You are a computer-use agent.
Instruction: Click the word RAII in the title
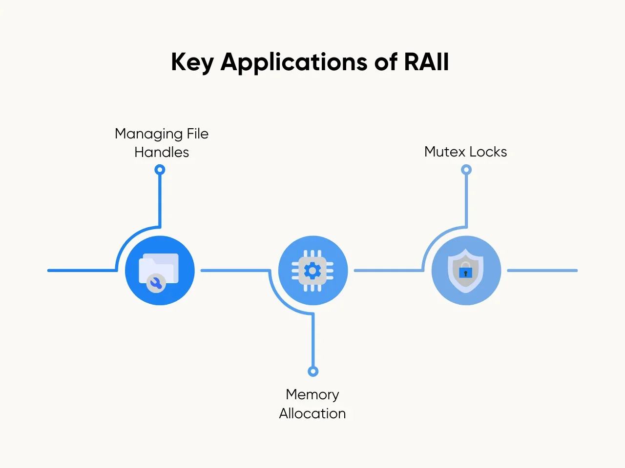(x=426, y=62)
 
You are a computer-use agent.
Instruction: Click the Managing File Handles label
(x=162, y=143)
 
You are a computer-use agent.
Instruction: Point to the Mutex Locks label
(x=465, y=152)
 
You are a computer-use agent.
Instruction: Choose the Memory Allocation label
(x=312, y=404)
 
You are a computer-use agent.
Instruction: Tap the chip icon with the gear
(x=312, y=271)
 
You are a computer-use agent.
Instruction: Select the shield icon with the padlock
(x=466, y=271)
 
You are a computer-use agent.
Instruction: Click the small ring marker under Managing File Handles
(x=160, y=170)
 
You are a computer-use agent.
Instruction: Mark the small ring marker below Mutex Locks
(x=466, y=170)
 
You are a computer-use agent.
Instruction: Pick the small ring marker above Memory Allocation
(x=313, y=371)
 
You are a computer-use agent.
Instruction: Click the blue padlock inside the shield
(x=465, y=273)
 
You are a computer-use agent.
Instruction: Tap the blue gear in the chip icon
(x=312, y=270)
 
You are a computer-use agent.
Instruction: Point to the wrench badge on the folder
(x=156, y=283)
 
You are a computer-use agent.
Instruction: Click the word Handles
(x=162, y=152)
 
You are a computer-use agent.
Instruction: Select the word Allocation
(x=312, y=413)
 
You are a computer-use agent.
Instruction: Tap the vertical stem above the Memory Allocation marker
(x=313, y=341)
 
